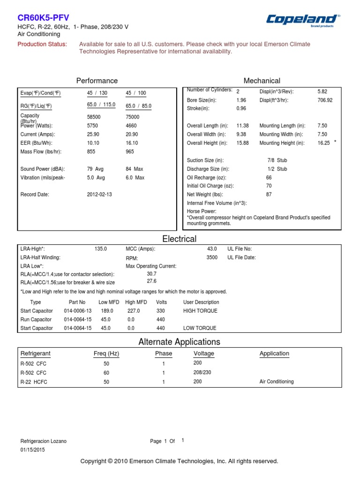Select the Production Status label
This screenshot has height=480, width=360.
[42, 44]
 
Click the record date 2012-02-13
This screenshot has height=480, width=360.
[99, 194]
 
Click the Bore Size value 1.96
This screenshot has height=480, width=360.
[241, 100]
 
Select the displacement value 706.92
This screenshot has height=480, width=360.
[325, 100]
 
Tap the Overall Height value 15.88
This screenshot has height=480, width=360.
[243, 143]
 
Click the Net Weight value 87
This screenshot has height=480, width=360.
[269, 195]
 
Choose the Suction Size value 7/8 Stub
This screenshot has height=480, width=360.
[277, 160]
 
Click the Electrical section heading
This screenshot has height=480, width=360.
[180, 239]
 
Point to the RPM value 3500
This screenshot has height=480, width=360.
[212, 257]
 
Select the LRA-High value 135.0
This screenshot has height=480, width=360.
[101, 249]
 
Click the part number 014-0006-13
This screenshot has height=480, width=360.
[78, 311]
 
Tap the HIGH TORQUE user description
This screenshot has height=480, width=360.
[201, 311]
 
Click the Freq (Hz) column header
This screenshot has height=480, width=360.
[106, 353]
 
